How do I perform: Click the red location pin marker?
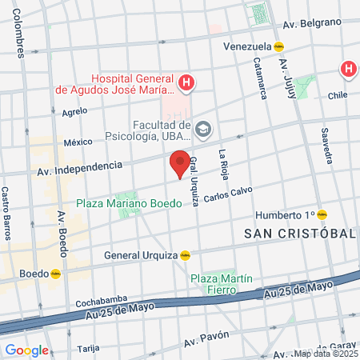tap(180, 164)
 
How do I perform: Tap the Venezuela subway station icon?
tap(278, 46)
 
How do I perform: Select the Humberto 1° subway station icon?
tap(322, 214)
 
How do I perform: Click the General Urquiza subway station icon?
tap(185, 255)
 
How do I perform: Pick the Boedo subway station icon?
tap(56, 273)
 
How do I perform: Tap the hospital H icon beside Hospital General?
tap(186, 82)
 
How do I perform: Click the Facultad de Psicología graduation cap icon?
tap(203, 128)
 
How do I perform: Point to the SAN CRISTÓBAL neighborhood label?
tap(299, 233)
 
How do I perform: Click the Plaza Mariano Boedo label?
tap(135, 203)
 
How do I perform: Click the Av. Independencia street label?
tap(79, 168)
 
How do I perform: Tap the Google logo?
tap(26, 350)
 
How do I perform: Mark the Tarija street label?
tap(88, 349)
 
